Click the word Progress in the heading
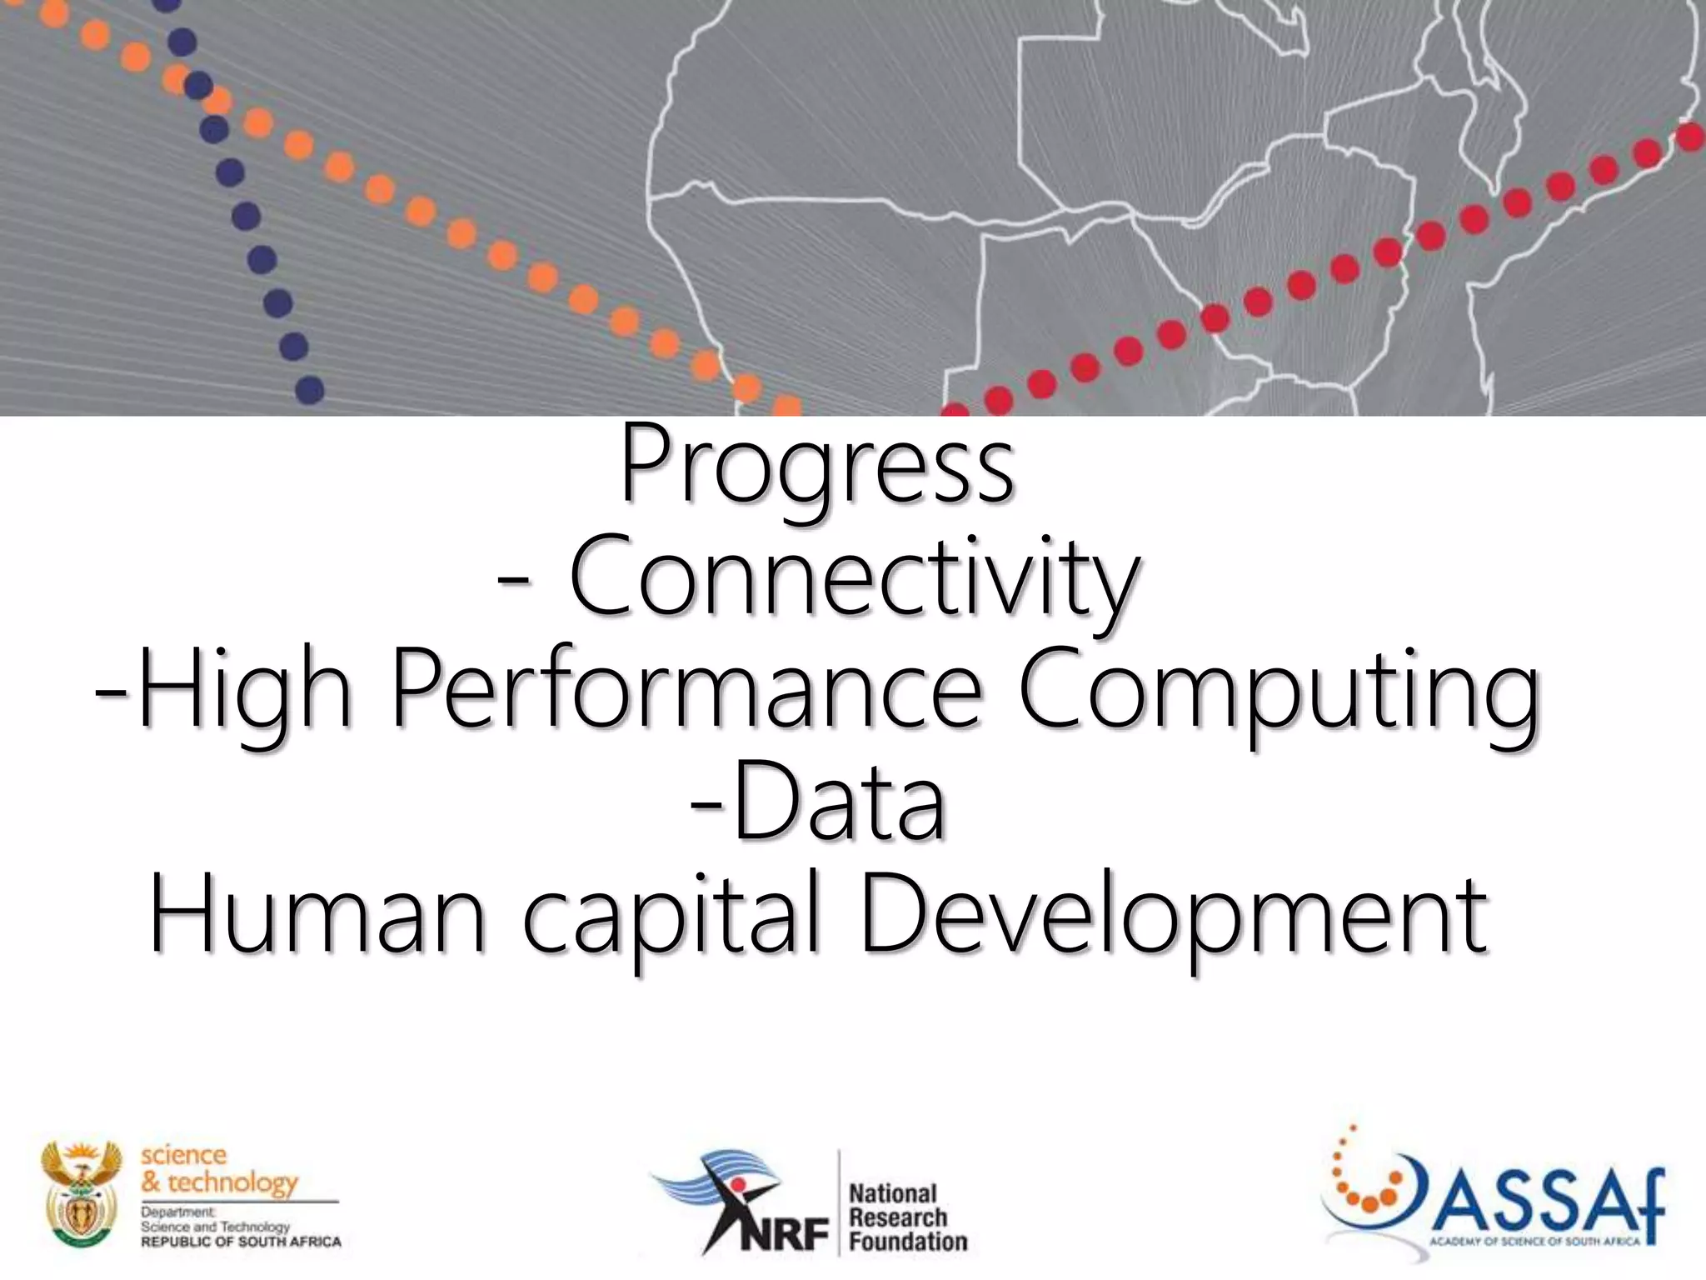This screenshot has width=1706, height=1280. click(816, 467)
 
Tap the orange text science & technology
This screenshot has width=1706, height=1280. click(218, 1168)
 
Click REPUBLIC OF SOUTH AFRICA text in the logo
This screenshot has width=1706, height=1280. click(241, 1242)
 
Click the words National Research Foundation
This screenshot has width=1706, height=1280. click(906, 1217)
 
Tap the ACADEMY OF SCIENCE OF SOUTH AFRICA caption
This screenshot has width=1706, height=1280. click(1534, 1242)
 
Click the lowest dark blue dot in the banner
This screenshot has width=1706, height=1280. click(310, 389)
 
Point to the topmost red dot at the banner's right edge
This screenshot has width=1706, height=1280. click(1689, 137)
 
